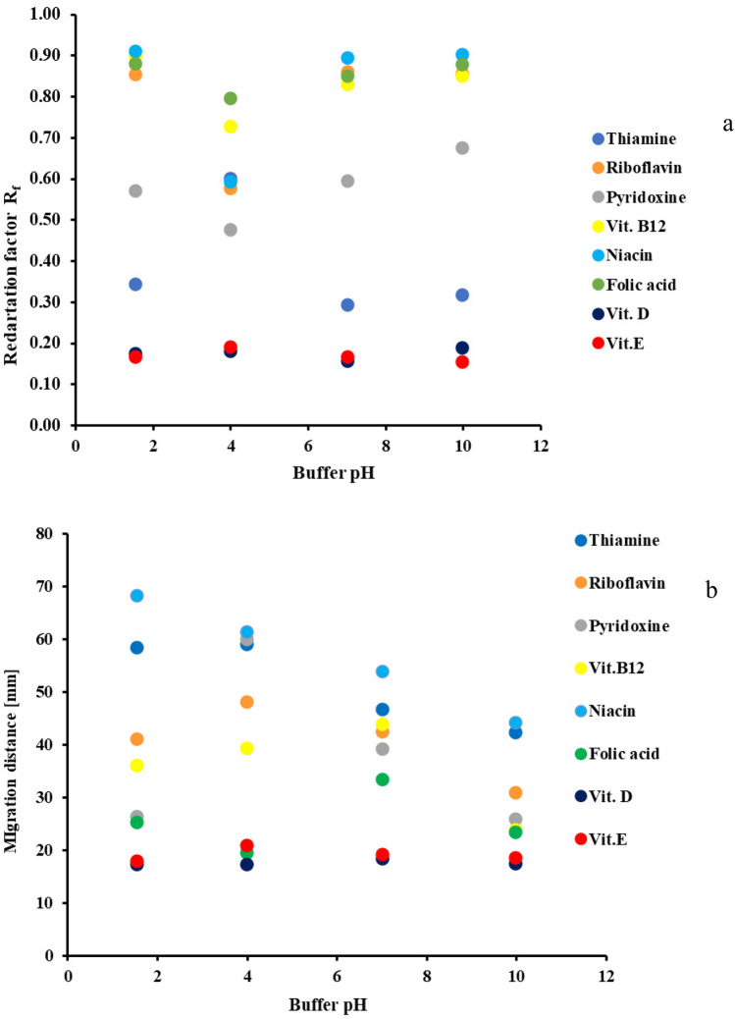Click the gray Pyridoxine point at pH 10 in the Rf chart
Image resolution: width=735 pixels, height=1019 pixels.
(462, 148)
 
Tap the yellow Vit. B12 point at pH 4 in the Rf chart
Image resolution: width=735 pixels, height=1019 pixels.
(231, 127)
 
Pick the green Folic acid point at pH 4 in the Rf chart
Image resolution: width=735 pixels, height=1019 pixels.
(231, 98)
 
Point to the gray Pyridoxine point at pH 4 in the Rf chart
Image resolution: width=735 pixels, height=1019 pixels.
(231, 230)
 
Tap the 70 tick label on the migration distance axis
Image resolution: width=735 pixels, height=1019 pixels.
(45, 587)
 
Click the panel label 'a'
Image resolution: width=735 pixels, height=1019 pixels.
(699, 125)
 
